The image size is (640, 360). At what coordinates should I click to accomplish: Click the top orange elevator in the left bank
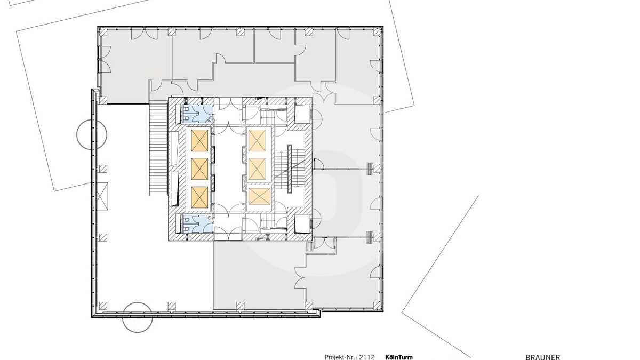[x=199, y=141]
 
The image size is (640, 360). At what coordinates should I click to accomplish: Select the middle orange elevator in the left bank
[x=199, y=169]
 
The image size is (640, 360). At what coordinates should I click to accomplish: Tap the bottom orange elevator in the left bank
[x=199, y=197]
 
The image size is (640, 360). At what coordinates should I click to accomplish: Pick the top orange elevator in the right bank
[x=257, y=141]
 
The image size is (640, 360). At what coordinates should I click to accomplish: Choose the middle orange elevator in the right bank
[x=257, y=169]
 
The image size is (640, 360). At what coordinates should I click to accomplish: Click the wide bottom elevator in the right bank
[x=259, y=196]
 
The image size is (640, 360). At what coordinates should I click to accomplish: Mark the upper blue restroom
[x=198, y=114]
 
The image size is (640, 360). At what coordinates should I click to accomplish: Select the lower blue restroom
[x=198, y=223]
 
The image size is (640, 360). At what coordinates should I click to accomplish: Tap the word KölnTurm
[x=399, y=357]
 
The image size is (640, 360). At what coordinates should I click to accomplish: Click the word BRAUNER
[x=543, y=357]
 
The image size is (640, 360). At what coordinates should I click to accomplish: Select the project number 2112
[x=367, y=357]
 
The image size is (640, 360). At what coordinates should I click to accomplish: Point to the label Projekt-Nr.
[x=340, y=357]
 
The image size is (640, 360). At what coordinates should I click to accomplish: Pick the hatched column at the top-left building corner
[x=102, y=31]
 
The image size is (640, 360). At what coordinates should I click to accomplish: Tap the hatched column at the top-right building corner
[x=377, y=31]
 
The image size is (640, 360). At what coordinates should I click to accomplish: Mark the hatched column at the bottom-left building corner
[x=102, y=306]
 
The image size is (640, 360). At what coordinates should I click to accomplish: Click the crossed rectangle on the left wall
[x=102, y=197]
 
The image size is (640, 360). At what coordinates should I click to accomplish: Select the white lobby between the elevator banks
[x=228, y=169]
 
